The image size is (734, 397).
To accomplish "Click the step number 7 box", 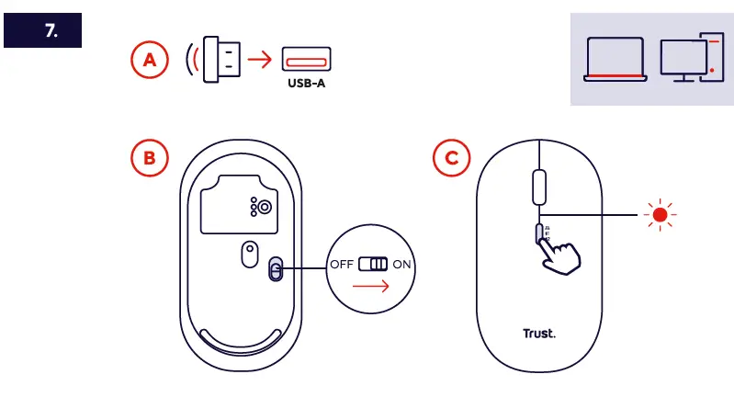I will point(43,30).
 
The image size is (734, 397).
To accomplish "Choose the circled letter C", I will point(451,158).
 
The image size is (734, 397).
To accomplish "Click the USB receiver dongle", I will point(221,61).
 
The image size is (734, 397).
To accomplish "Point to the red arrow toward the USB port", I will point(263,62).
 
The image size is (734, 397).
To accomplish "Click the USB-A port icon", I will point(306,62).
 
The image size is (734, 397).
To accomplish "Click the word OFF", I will point(342,265).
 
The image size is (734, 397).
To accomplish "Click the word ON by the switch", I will point(402,265).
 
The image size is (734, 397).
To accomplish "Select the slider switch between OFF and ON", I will point(373,265).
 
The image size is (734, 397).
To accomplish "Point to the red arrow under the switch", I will point(370,286).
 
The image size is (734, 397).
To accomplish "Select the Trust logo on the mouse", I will point(539,334).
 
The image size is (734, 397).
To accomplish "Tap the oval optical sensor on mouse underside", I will point(248,255).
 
